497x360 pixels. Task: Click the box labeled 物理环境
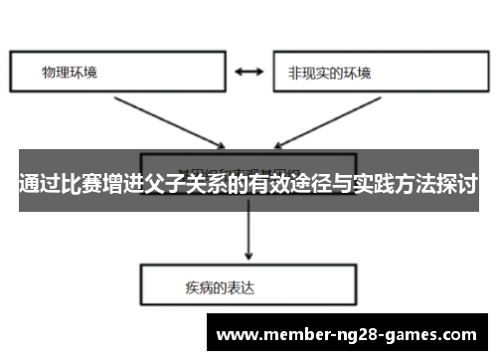[x=117, y=73]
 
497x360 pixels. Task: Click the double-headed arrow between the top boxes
[x=249, y=73]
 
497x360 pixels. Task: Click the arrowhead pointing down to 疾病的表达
[x=248, y=255]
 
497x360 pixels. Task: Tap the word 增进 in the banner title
[x=132, y=183]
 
